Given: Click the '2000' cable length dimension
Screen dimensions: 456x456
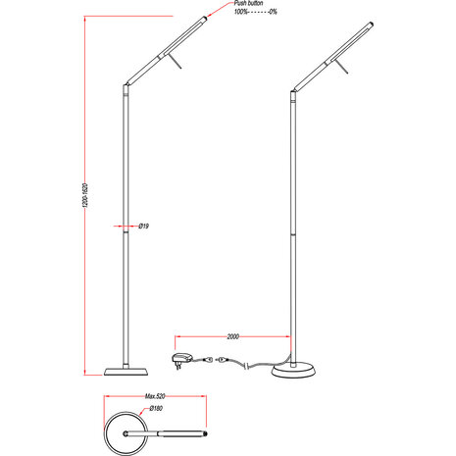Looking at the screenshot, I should point(232,335).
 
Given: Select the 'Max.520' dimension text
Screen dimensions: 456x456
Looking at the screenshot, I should point(153,397).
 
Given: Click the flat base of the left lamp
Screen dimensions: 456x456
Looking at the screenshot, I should point(125,371).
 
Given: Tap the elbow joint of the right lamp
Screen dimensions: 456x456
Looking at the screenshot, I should point(292,93).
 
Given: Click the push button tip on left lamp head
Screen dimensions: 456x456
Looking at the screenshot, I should point(205,18).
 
